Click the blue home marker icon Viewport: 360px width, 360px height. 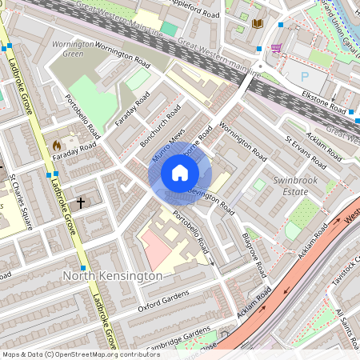click(x=179, y=173)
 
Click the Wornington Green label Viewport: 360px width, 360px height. click(x=72, y=50)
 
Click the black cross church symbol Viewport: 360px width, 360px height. click(x=80, y=203)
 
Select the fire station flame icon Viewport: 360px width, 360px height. click(x=56, y=145)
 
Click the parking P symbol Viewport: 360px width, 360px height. click(x=305, y=76)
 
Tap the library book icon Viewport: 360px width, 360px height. click(x=258, y=24)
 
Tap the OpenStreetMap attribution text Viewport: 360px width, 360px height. click(x=80, y=354)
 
